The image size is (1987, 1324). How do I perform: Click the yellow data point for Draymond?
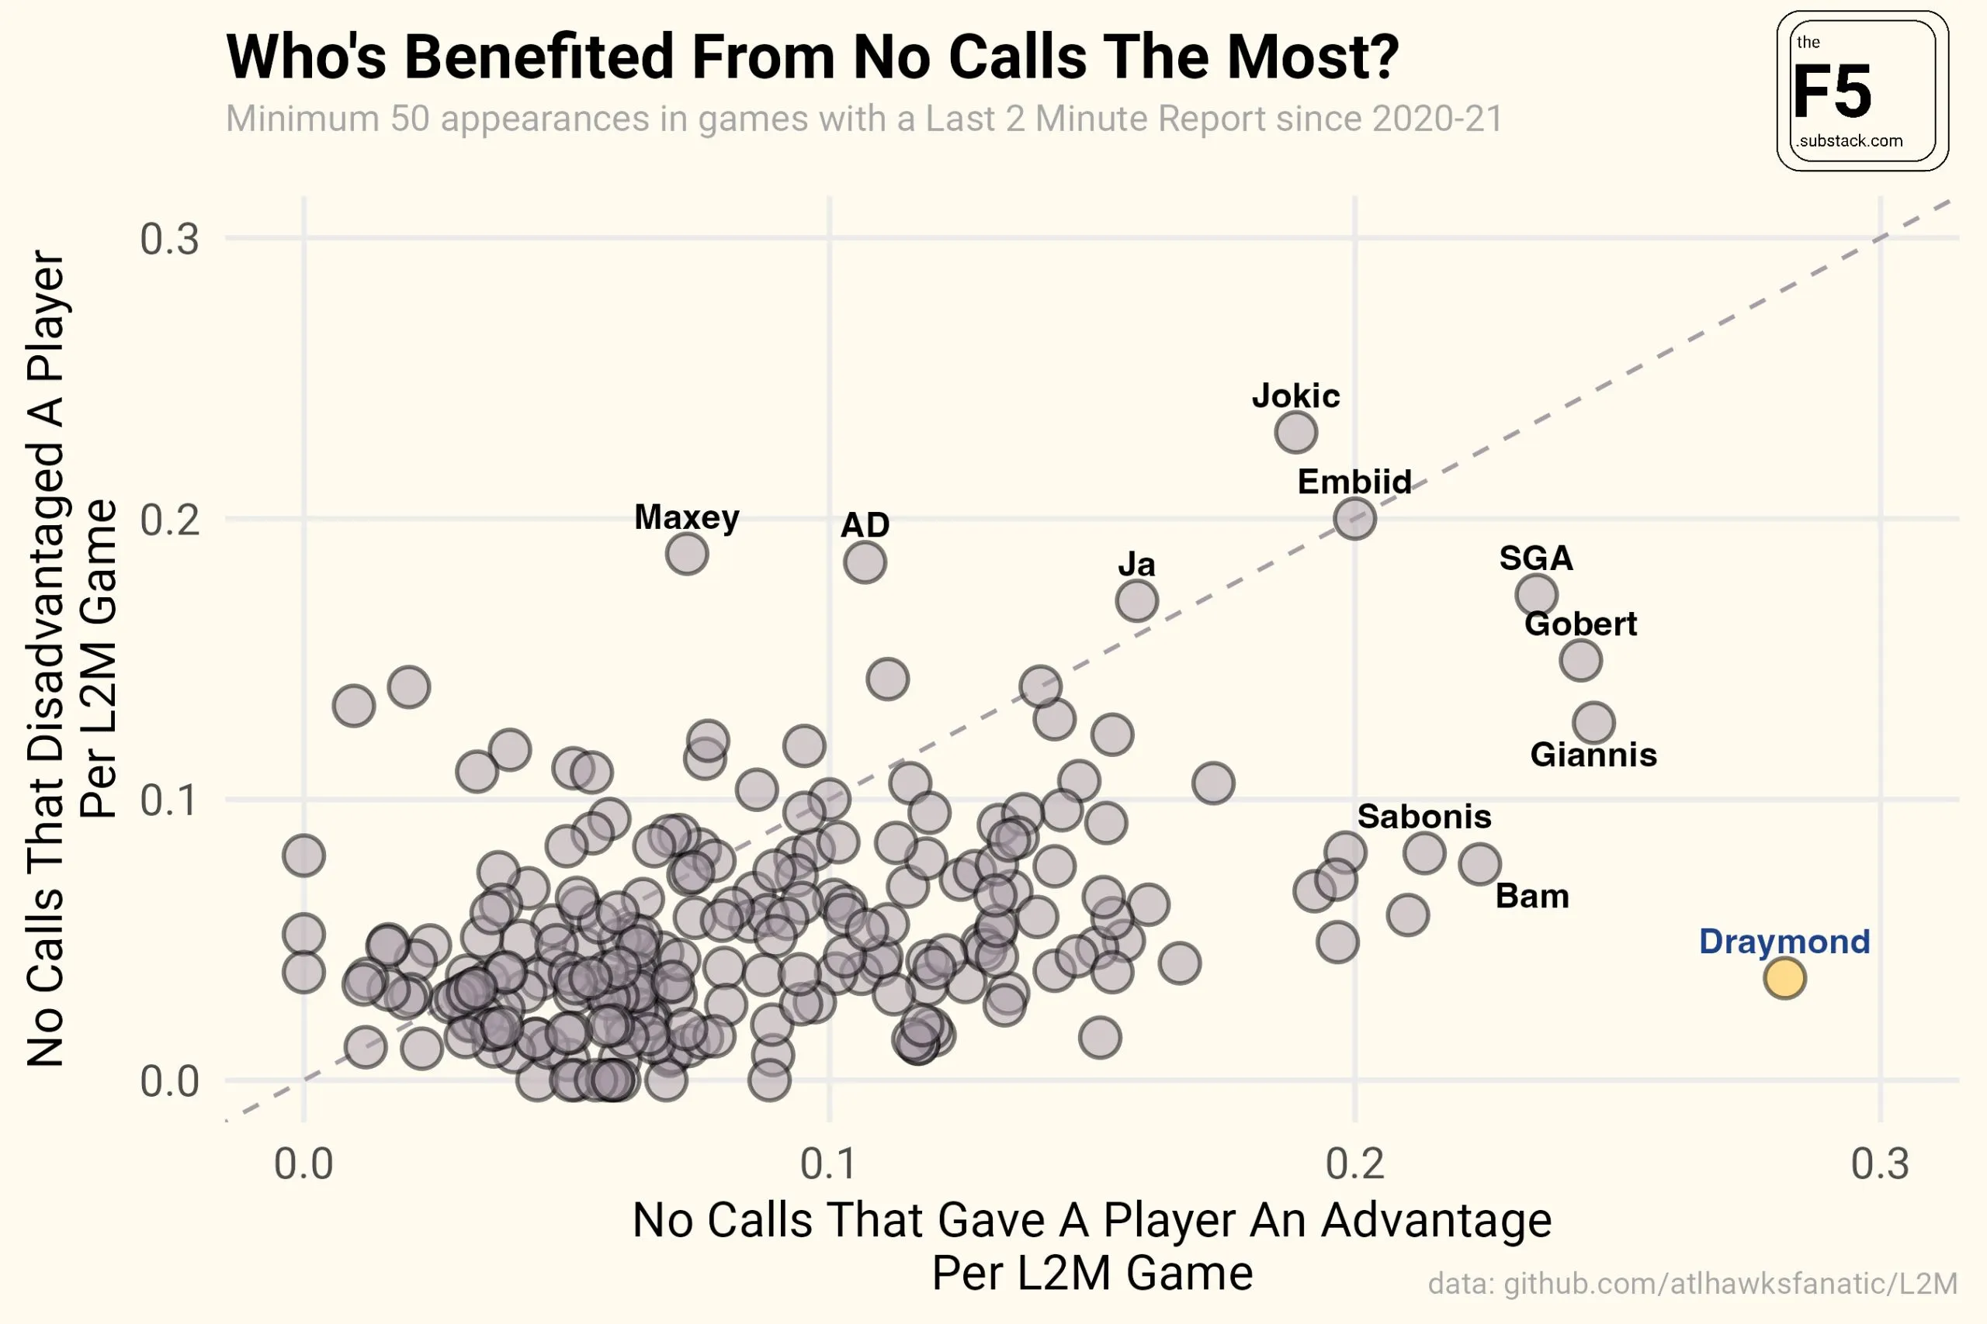(1784, 978)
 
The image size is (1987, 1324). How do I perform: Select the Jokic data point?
(1296, 432)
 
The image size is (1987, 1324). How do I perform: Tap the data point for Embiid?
(1355, 518)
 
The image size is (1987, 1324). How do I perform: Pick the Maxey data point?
(687, 554)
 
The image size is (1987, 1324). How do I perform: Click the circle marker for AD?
(864, 562)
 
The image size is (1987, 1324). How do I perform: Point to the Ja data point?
(1136, 601)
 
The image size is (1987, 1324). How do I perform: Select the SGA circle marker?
(1536, 594)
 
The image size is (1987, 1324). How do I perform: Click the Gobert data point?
(1580, 659)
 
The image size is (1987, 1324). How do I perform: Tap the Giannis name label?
(1593, 755)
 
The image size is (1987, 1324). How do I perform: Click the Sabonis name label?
(1424, 817)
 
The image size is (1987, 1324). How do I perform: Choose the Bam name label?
(1531, 896)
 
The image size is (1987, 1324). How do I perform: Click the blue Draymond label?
(1784, 942)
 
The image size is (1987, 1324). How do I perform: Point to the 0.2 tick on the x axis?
(1355, 1164)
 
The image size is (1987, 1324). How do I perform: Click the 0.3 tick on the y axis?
(170, 239)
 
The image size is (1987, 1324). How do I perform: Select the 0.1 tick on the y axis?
(170, 800)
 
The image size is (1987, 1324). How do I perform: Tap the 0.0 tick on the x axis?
(304, 1164)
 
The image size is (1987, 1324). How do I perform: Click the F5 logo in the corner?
(1862, 92)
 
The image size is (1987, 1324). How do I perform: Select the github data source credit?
(1692, 1284)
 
